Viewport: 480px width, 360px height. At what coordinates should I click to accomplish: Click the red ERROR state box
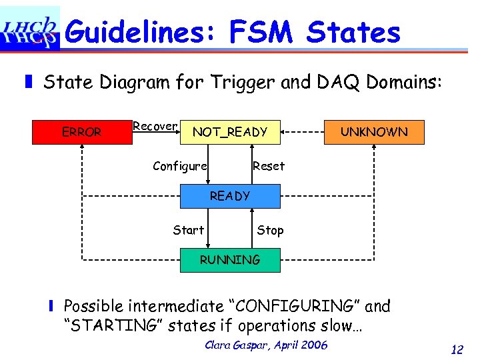tap(81, 132)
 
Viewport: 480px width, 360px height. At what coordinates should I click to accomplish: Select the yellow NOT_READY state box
tap(230, 132)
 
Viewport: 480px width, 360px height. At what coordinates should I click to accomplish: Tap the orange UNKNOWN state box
tap(374, 131)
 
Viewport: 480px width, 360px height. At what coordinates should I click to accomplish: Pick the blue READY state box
tap(230, 196)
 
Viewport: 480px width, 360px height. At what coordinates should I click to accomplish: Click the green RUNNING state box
tap(230, 259)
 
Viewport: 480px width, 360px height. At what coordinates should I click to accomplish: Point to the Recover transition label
tap(155, 126)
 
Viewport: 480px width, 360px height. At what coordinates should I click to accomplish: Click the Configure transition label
tap(179, 166)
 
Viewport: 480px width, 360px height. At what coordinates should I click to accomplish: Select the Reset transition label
tap(269, 166)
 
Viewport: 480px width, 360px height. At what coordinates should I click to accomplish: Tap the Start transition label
tap(188, 230)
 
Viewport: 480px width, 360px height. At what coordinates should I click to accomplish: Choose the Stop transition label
tap(270, 230)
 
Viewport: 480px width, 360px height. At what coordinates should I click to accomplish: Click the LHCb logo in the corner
tap(30, 29)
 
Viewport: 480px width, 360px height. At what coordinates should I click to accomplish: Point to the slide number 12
tap(457, 349)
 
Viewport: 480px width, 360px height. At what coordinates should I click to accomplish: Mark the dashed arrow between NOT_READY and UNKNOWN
tap(302, 132)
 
